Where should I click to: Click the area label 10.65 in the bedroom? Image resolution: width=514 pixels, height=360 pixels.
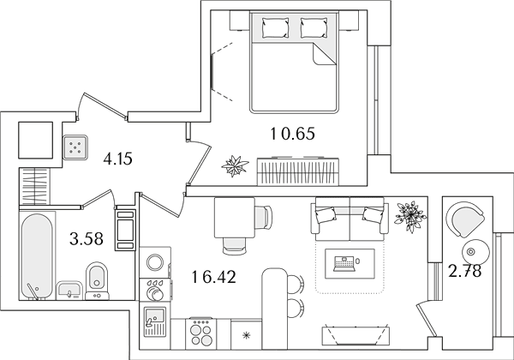click(292, 134)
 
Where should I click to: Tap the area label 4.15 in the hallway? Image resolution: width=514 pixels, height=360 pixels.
click(117, 159)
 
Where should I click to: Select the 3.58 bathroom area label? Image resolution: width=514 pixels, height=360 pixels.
click(87, 238)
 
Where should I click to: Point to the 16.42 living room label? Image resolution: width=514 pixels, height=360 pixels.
click(213, 277)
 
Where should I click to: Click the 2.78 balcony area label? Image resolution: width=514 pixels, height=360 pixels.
click(465, 271)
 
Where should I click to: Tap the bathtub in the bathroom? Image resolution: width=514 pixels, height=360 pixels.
click(37, 256)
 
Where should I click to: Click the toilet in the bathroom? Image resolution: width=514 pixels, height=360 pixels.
click(96, 280)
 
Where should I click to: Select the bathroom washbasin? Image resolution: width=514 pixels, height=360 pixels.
click(69, 291)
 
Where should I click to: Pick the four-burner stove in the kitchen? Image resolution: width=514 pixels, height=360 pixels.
click(201, 333)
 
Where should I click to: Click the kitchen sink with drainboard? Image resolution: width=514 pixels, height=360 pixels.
click(155, 322)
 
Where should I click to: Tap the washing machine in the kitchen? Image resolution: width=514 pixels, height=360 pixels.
click(155, 262)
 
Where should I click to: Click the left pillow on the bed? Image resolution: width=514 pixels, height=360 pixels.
click(276, 27)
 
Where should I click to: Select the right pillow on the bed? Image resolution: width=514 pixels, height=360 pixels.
click(314, 27)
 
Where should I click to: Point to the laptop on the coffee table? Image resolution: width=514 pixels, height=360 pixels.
click(344, 264)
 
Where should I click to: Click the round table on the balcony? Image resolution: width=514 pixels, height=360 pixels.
click(475, 252)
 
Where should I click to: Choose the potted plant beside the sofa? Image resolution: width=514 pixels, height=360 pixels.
click(410, 216)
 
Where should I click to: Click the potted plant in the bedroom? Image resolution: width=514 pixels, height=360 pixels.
click(235, 165)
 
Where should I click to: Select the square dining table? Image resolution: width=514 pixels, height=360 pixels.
click(235, 218)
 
